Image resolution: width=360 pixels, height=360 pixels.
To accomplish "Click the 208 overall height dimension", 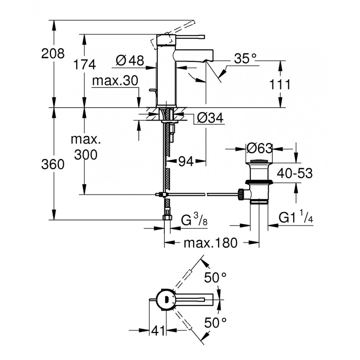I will [53, 53].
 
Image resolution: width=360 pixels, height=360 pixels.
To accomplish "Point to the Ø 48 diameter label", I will [130, 60].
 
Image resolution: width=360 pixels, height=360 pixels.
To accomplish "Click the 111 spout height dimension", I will [279, 85].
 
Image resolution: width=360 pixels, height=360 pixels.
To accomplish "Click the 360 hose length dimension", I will [53, 164].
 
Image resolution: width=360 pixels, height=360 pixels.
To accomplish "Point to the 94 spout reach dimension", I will [186, 162].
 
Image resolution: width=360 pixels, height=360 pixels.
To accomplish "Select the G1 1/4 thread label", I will [296, 218].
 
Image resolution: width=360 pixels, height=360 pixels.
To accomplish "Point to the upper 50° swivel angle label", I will [215, 278].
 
